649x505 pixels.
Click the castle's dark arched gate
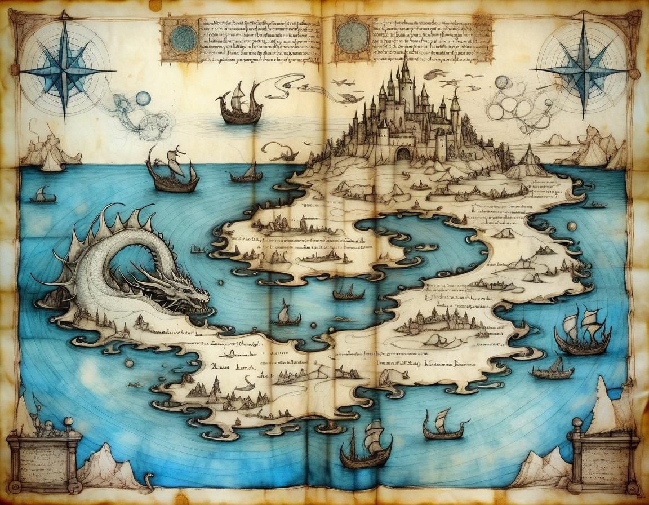(403, 153)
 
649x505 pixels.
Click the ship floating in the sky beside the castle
(241, 105)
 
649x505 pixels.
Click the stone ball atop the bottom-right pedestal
(577, 423)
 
